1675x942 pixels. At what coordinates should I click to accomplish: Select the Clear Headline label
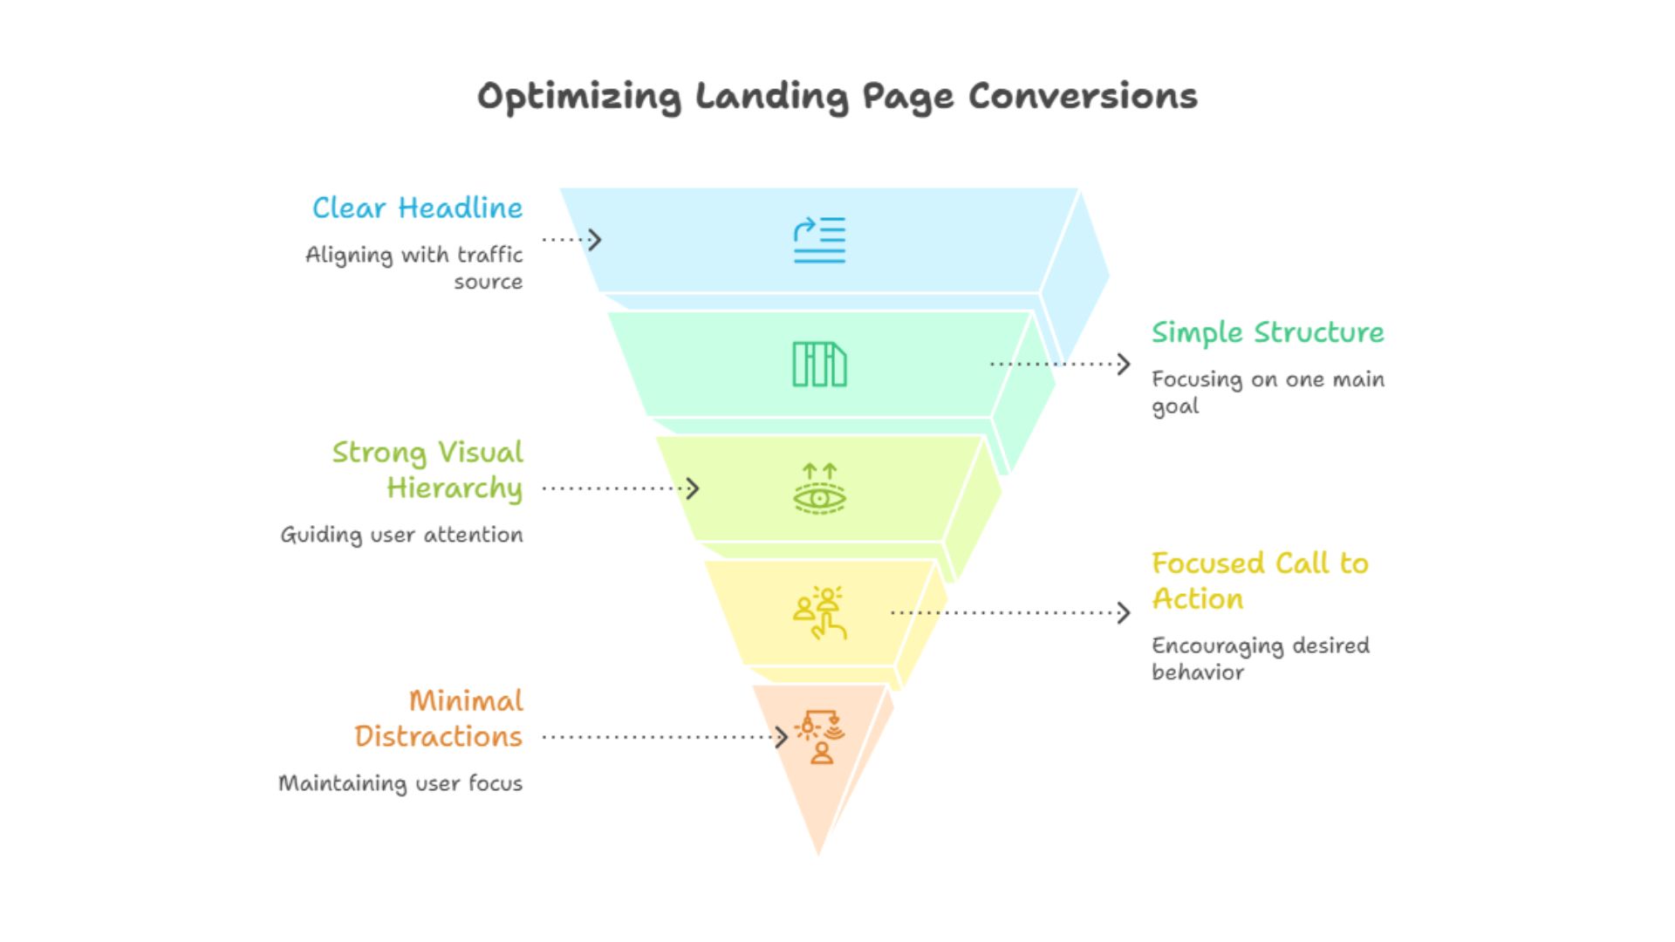point(417,208)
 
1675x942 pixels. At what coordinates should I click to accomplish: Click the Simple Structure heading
point(1268,333)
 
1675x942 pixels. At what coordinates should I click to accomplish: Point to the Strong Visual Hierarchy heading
point(427,470)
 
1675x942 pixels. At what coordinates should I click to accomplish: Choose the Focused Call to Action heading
point(1260,581)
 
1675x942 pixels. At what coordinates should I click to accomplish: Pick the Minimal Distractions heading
point(439,719)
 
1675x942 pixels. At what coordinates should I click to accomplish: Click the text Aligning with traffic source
point(414,268)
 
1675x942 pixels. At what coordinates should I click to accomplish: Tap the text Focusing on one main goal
point(1268,392)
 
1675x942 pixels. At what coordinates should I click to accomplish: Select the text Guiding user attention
point(401,535)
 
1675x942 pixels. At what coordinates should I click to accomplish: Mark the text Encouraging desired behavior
point(1260,659)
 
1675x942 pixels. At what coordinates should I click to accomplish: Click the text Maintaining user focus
point(400,783)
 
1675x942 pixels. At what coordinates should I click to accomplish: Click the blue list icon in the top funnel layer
point(819,240)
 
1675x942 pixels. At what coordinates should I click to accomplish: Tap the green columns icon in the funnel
point(819,364)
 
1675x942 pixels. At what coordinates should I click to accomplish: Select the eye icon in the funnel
point(819,489)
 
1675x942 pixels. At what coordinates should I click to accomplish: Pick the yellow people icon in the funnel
point(819,613)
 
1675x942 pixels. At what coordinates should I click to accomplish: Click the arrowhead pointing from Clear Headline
point(596,239)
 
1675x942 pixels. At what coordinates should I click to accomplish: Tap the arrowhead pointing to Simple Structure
point(1125,364)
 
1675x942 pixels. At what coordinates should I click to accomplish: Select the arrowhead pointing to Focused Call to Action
point(1125,612)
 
